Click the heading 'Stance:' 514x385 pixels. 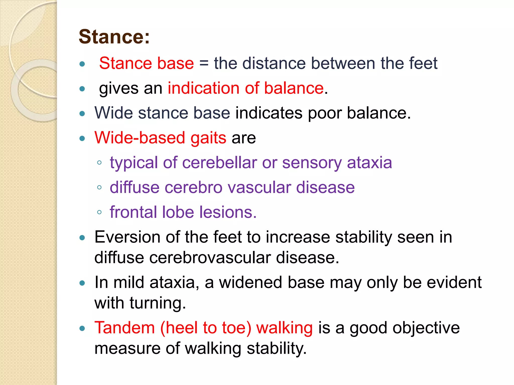(x=114, y=37)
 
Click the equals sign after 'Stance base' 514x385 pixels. (x=204, y=63)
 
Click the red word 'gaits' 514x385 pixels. (x=208, y=138)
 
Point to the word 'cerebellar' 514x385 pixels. (x=219, y=163)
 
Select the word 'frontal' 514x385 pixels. (x=133, y=212)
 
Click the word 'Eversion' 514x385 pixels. (x=127, y=237)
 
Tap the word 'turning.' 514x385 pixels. (x=158, y=303)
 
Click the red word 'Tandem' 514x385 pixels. (x=124, y=328)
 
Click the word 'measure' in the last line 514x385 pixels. (x=127, y=348)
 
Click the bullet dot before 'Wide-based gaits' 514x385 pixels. (x=82, y=138)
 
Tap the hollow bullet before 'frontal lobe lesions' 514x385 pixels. (x=99, y=212)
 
